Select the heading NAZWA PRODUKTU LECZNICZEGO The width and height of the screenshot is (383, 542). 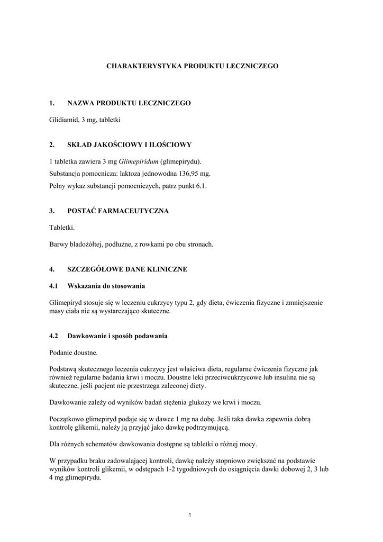[x=129, y=103]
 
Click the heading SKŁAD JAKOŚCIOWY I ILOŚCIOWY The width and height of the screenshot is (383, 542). [x=130, y=144]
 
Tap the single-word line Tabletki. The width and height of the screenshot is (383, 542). [x=62, y=228]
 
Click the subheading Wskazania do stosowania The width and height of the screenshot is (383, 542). [x=106, y=286]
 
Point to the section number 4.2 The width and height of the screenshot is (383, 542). [x=53, y=336]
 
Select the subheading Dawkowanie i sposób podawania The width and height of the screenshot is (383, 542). [x=117, y=336]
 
